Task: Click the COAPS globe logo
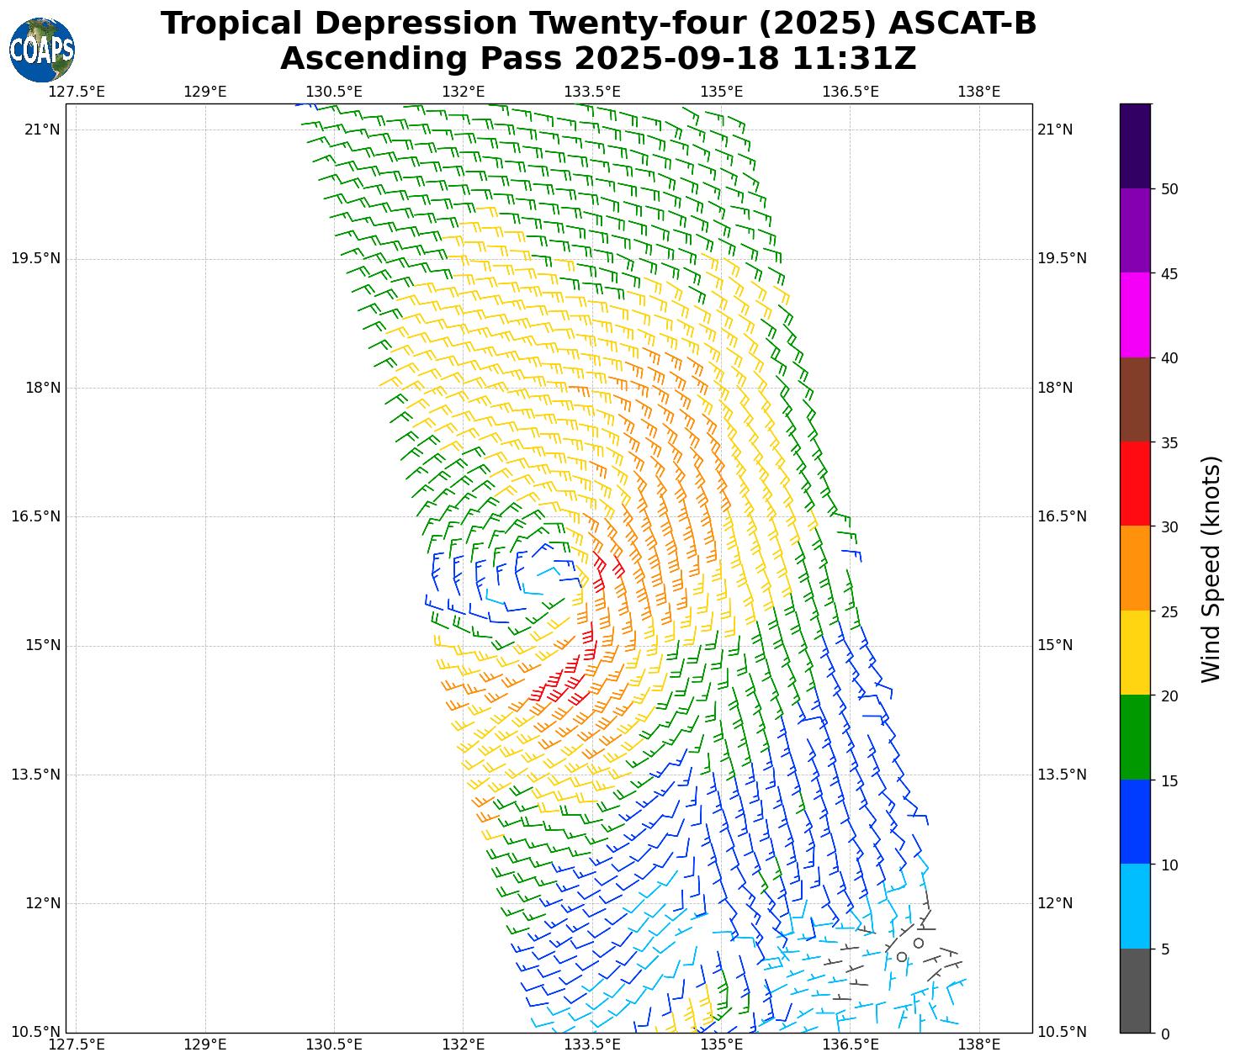42,50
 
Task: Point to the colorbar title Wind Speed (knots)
1211,569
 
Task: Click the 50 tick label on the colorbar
1169,189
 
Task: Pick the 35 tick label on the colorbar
1169,443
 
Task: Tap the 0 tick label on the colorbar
1164,1034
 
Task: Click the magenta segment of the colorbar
1135,315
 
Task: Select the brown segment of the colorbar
1135,399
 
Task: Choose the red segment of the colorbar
1135,484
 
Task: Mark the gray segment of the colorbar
1135,991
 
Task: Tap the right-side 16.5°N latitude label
1062,516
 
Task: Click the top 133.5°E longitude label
592,91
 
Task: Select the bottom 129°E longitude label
205,1044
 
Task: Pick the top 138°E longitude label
979,91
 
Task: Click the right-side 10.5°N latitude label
1062,1033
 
